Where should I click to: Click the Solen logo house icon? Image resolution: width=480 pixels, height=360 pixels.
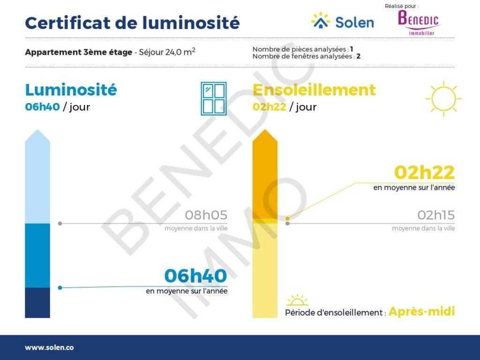(321, 21)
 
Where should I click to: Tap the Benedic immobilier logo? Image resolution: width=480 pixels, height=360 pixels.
(419, 22)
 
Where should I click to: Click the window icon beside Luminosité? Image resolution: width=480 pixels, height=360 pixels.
(214, 98)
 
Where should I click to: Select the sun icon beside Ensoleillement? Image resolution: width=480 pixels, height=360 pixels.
(443, 98)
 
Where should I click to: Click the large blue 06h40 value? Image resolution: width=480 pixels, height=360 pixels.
(195, 276)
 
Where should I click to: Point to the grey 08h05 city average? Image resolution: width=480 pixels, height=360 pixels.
(206, 215)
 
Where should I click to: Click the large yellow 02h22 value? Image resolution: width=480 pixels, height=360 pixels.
(424, 172)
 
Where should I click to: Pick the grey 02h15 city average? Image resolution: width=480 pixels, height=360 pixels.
(436, 215)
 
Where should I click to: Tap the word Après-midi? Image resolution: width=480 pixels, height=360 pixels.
(422, 312)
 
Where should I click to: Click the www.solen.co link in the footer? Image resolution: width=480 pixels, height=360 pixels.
(49, 348)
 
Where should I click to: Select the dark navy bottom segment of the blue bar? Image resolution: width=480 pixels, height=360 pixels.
(37, 302)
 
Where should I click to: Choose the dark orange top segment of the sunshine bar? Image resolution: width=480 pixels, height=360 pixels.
(265, 174)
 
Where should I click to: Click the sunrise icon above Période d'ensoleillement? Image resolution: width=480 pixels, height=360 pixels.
(297, 300)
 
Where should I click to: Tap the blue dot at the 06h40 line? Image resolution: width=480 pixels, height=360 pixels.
(60, 288)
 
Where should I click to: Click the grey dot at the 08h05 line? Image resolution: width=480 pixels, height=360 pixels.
(60, 224)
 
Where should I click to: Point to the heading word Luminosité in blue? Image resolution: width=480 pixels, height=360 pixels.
(71, 90)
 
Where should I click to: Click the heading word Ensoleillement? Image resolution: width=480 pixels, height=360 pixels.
(314, 90)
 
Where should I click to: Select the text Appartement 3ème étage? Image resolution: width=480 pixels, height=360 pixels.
(79, 52)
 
